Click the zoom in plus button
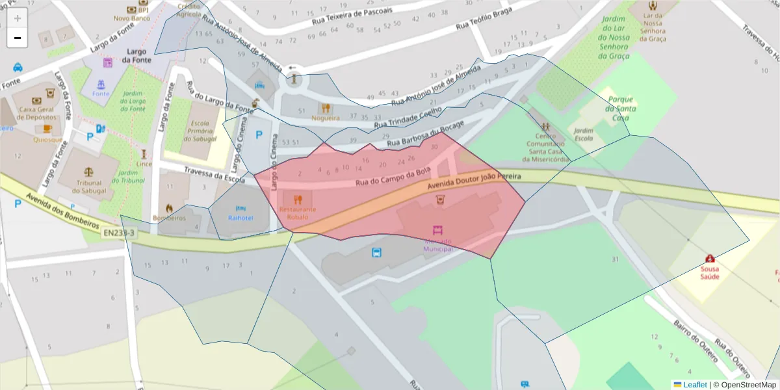(x=18, y=18)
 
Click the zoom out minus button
(x=18, y=38)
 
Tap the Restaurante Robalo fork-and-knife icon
(x=298, y=200)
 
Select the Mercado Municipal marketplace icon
(x=438, y=230)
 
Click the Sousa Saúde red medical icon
(x=710, y=259)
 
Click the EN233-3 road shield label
(x=118, y=231)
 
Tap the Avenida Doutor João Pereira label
(x=474, y=181)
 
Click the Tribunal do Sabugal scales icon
(x=89, y=173)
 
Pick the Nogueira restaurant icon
(x=326, y=109)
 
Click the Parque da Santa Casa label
(x=620, y=109)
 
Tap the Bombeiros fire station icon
(x=169, y=208)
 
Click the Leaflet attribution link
(x=695, y=385)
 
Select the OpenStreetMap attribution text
(x=748, y=385)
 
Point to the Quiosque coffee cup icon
(x=47, y=129)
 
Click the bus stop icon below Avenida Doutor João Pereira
(x=376, y=253)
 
